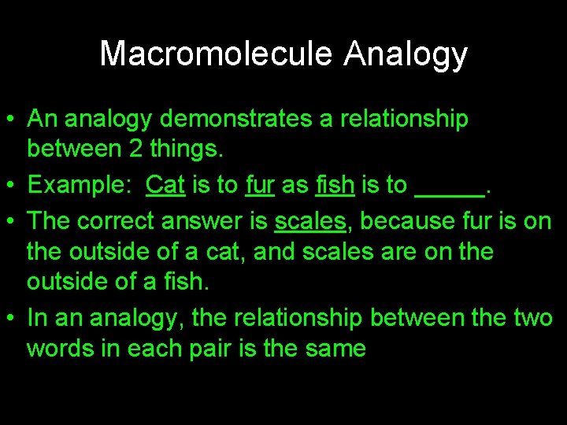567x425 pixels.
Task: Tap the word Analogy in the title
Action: [406, 54]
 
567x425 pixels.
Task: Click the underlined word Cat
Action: [165, 185]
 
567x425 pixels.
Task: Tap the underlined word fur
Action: [259, 185]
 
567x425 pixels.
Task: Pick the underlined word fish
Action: [335, 185]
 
